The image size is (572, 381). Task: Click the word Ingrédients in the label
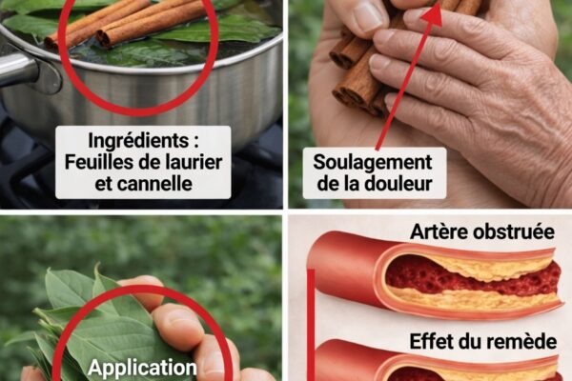(x=137, y=142)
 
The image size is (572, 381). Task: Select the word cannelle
(x=157, y=184)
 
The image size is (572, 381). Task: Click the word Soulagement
(x=373, y=163)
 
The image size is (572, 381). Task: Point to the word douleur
(x=398, y=184)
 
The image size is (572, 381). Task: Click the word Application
(x=142, y=369)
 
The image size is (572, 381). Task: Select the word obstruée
(x=507, y=231)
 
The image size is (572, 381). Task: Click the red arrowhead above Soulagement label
(x=433, y=14)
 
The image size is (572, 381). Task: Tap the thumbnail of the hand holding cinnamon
(x=367, y=17)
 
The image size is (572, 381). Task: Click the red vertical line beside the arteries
(x=311, y=325)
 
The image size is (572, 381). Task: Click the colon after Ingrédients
(x=196, y=142)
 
